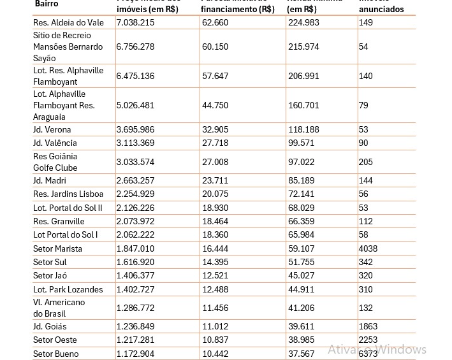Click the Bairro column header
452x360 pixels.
(x=46, y=4)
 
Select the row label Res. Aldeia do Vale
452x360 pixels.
(x=68, y=22)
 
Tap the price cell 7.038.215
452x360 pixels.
(x=135, y=22)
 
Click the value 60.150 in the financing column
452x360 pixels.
(x=215, y=47)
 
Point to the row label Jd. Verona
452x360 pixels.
(x=52, y=129)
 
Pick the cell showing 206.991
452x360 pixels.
(x=303, y=76)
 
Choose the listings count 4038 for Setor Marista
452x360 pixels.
(x=368, y=248)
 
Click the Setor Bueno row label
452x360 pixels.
(x=56, y=354)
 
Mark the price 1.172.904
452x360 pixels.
(x=135, y=354)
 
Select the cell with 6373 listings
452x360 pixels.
(x=368, y=354)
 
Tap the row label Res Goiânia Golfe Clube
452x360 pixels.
(x=55, y=162)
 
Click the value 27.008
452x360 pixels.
(x=215, y=162)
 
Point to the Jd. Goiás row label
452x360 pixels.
(x=50, y=326)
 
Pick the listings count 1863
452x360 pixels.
(x=368, y=326)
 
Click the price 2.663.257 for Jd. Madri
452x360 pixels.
(x=135, y=180)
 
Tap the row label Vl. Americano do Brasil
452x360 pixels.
(x=59, y=308)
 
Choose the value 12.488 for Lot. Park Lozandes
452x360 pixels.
(x=215, y=289)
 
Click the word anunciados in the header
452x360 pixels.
(x=381, y=10)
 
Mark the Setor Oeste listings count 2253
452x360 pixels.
(x=368, y=340)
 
